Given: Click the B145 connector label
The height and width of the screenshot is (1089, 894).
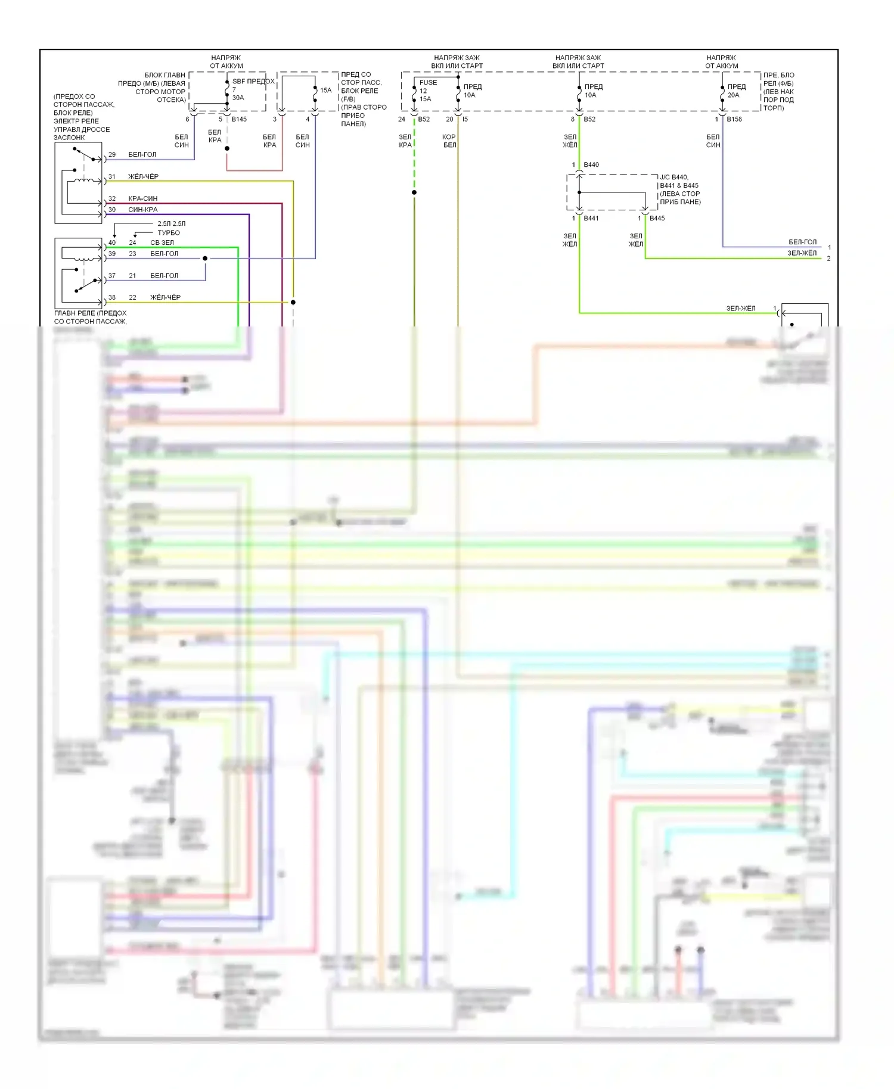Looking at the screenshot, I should (239, 119).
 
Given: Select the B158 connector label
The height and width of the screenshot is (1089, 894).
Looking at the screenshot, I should (734, 119).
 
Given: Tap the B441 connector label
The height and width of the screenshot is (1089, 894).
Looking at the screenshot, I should (591, 219).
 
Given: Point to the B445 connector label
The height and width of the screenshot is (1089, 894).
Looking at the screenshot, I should (657, 219).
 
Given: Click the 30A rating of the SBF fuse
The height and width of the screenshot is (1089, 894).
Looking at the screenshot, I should (238, 98).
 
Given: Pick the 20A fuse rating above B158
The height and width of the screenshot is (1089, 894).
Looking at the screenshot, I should (733, 95).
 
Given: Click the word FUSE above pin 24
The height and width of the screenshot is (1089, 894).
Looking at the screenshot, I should (428, 83).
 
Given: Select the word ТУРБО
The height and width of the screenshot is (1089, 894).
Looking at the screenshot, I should (169, 233).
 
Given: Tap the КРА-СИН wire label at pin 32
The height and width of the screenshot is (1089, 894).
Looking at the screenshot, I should (143, 198).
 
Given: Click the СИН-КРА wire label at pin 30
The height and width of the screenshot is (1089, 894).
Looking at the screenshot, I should (143, 210).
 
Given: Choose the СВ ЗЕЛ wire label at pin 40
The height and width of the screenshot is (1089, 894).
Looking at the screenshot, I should (162, 243).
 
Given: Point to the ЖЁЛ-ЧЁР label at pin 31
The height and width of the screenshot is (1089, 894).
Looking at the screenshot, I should (144, 177).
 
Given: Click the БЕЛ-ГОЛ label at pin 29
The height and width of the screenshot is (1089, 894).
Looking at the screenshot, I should (142, 155).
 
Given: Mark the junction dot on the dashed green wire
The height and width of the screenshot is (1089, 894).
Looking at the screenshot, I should (414, 192).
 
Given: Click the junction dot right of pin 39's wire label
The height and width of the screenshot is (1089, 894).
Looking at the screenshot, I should (205, 259).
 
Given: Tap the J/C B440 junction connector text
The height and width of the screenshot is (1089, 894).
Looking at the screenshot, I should (674, 178).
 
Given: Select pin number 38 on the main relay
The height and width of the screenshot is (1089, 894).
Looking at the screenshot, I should (112, 298).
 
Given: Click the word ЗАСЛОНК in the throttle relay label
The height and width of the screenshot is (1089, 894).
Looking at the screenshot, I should (69, 138).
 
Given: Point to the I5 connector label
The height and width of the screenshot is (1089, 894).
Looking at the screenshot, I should (465, 119).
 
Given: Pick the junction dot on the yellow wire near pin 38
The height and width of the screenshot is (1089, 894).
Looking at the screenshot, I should (293, 303).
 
